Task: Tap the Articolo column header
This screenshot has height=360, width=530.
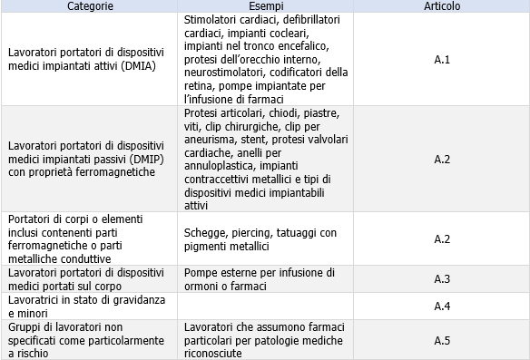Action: (442, 6)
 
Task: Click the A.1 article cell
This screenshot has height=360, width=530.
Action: (442, 59)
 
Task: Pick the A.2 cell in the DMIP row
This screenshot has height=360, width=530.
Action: (442, 159)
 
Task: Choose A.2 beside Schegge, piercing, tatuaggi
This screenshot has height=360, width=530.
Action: (442, 238)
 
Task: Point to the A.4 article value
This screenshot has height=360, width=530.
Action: (442, 306)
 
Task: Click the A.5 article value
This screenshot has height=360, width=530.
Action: (442, 340)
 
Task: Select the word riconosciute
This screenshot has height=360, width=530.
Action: (215, 354)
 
